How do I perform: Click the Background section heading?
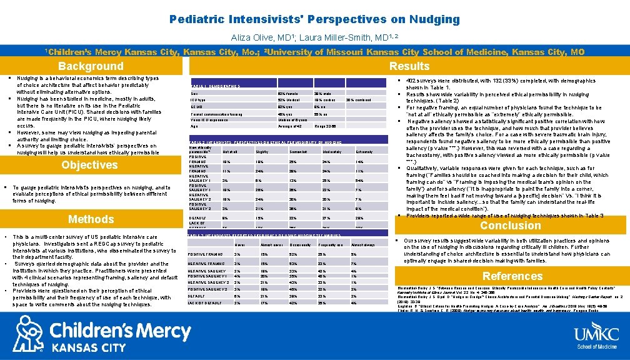click(91, 66)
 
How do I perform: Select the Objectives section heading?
click(89, 165)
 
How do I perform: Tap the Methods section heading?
click(91, 219)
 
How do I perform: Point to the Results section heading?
click(409, 66)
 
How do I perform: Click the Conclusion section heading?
click(511, 226)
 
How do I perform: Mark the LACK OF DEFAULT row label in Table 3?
click(202, 302)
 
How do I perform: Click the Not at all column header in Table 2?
click(230, 152)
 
